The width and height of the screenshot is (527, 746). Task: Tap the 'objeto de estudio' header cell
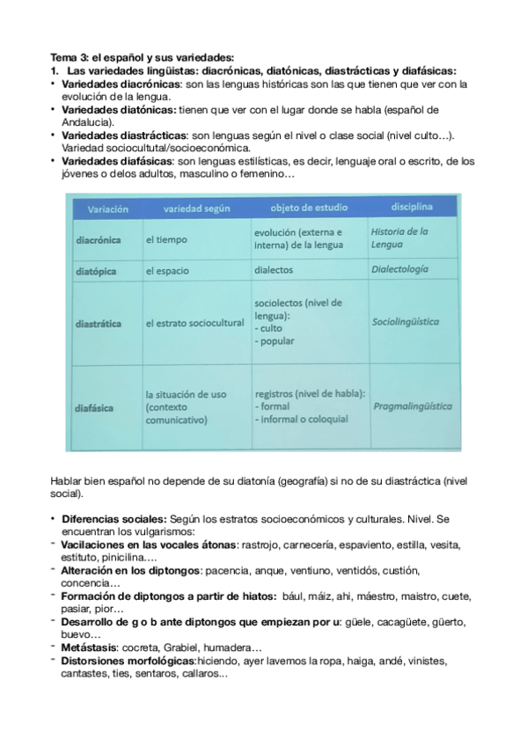[x=307, y=209]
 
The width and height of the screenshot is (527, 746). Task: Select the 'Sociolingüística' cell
[x=406, y=323]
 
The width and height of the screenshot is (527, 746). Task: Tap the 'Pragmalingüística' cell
[x=413, y=406]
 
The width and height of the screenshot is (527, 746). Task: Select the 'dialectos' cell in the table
[x=274, y=271]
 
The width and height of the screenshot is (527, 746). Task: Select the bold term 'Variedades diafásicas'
[x=119, y=162]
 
